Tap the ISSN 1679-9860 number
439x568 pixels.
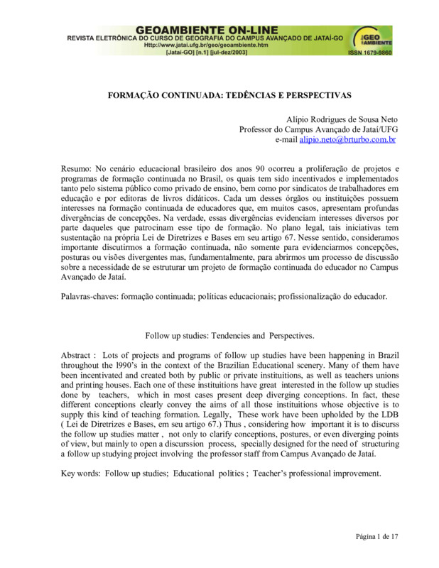click(x=369, y=53)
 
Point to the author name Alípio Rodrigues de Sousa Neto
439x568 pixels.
click(x=340, y=119)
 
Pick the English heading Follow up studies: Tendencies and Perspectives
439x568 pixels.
click(x=229, y=334)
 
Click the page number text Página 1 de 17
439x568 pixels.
click(x=376, y=537)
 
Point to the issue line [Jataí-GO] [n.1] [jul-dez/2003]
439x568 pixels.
click(x=205, y=53)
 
